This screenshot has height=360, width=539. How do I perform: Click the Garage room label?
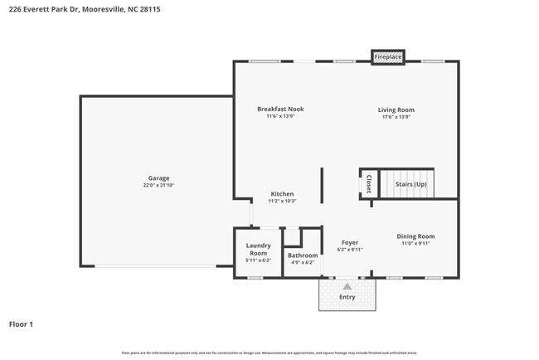(x=158, y=178)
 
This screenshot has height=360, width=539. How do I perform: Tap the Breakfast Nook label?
(x=280, y=109)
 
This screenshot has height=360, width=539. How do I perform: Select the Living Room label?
(x=396, y=109)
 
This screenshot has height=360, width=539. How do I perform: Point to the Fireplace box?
(x=387, y=56)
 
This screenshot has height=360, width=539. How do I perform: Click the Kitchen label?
(x=281, y=193)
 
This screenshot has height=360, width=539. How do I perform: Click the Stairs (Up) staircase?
(x=410, y=183)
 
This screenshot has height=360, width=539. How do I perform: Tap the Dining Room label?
(x=415, y=236)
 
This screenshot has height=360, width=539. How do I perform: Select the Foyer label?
(x=349, y=243)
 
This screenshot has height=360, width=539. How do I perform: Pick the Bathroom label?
(x=303, y=255)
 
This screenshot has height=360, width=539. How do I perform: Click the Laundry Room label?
(x=259, y=249)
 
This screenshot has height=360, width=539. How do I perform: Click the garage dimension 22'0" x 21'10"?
(x=158, y=186)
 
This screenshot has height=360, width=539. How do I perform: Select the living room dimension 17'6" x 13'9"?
(x=396, y=117)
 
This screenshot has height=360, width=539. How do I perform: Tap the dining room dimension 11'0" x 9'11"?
(x=415, y=244)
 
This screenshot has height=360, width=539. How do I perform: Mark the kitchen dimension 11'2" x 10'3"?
(x=281, y=201)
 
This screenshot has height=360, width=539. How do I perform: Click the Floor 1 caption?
(x=21, y=324)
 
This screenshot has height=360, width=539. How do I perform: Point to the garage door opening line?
(x=158, y=266)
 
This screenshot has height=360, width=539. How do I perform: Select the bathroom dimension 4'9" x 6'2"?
(x=303, y=262)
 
